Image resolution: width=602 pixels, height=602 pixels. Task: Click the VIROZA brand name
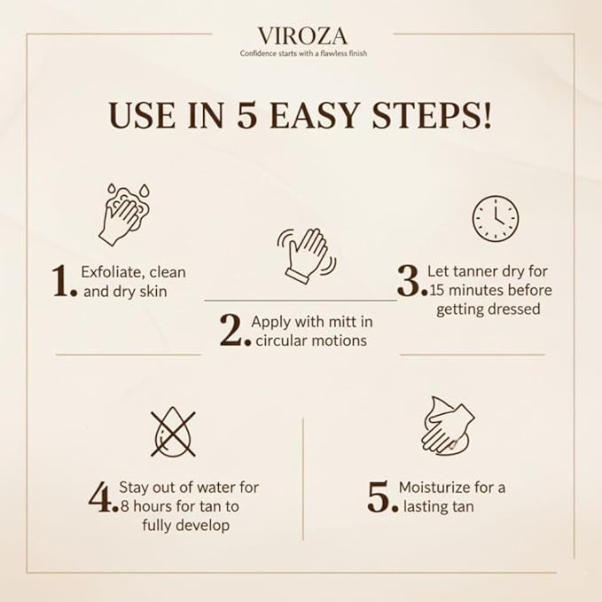pyautogui.click(x=302, y=36)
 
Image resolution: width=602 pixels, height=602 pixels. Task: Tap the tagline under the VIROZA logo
pyautogui.click(x=303, y=53)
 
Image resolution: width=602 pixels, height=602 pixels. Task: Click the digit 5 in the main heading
pyautogui.click(x=246, y=114)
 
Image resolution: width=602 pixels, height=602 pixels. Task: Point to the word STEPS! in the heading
pyautogui.click(x=432, y=114)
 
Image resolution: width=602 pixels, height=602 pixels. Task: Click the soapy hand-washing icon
pyautogui.click(x=124, y=215)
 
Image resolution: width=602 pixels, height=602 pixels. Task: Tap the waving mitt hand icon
pyautogui.click(x=307, y=255)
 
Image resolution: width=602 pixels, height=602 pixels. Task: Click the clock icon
pyautogui.click(x=496, y=218)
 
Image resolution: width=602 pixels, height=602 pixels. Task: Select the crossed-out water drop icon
pyautogui.click(x=173, y=432)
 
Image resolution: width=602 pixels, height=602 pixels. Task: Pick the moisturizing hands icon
pyautogui.click(x=448, y=426)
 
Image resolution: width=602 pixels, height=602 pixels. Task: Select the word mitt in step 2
pyautogui.click(x=341, y=322)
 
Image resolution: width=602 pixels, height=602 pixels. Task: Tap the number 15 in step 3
pyautogui.click(x=437, y=291)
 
